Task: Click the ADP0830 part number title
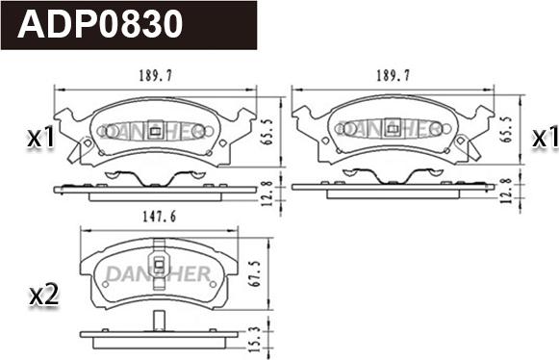pos(100,24)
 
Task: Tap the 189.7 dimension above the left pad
pos(156,76)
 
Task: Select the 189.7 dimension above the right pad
pos(394,76)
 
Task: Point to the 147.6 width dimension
pos(160,217)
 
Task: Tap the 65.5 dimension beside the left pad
pos(268,132)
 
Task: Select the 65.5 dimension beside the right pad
pos(506,129)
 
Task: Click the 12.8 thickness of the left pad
pos(268,193)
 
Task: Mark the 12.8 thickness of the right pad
pos(506,191)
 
